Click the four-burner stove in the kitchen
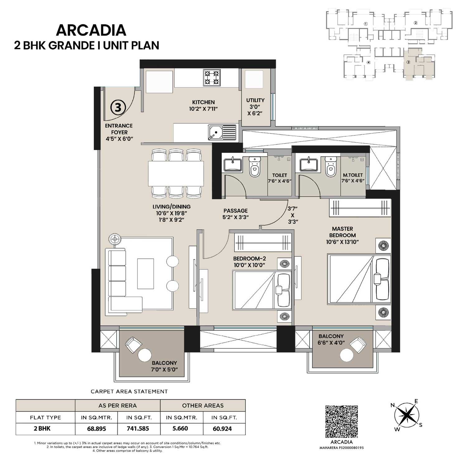(x=212, y=78)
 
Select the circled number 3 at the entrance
(x=118, y=107)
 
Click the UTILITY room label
(x=255, y=100)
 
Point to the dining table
(x=176, y=173)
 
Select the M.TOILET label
(x=352, y=175)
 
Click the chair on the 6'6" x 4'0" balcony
(x=357, y=344)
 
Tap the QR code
(x=341, y=421)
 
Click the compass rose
(x=407, y=416)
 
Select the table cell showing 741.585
(x=138, y=429)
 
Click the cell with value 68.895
(x=96, y=429)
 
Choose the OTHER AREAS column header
(x=203, y=406)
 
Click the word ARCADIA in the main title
(x=91, y=30)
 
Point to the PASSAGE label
(x=235, y=211)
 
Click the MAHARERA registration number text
(x=341, y=448)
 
